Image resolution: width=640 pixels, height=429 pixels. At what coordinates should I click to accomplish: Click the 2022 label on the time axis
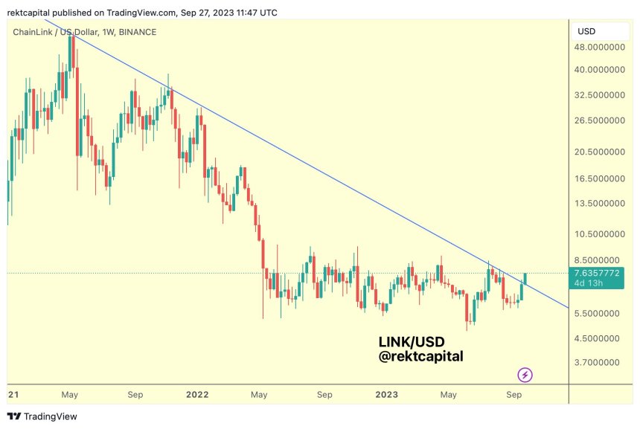click(x=197, y=394)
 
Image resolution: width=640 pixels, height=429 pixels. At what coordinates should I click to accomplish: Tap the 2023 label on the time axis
click(x=386, y=394)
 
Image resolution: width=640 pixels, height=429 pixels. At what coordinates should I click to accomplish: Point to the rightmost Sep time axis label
click(x=513, y=394)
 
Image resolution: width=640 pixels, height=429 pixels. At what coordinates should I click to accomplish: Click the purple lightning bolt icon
click(x=525, y=375)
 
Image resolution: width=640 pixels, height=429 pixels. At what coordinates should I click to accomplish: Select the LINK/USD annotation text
click(x=412, y=342)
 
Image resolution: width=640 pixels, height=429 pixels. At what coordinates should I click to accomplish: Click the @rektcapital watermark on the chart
click(x=420, y=357)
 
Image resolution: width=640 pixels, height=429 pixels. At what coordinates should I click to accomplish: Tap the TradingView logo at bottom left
click(x=42, y=416)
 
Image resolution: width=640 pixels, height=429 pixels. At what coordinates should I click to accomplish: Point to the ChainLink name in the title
click(x=35, y=31)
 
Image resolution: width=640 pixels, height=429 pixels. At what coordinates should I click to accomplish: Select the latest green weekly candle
click(x=525, y=278)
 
